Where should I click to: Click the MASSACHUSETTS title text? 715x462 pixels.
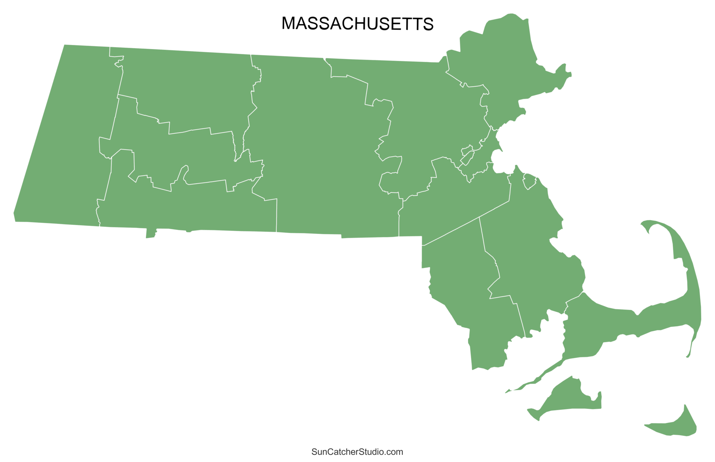(x=357, y=24)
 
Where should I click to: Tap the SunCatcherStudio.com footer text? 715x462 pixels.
(x=357, y=452)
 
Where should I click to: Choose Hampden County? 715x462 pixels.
(x=191, y=207)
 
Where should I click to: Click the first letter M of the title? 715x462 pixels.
(x=289, y=24)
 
